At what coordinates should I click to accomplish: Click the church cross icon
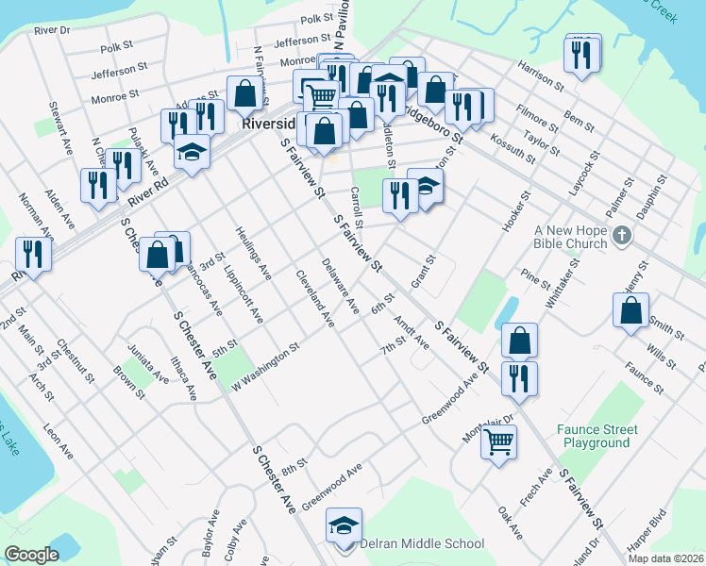pos(621,235)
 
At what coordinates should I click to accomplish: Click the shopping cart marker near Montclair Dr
pos(498,439)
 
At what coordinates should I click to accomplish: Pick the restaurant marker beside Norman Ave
pos(33,254)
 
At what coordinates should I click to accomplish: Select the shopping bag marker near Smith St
pos(630,310)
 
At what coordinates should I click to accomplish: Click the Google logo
pos(31,554)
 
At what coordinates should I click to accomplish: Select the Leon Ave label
pos(58,441)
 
